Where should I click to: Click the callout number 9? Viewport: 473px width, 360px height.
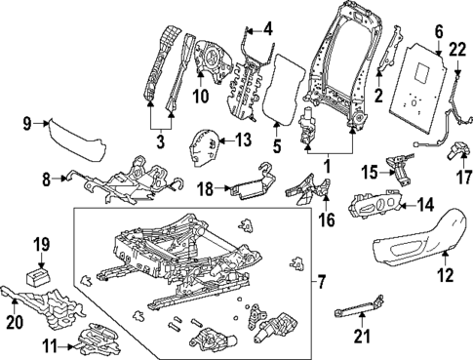coord(28,122)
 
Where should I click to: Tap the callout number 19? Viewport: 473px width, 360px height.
coord(41,245)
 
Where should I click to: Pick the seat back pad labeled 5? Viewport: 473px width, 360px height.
coord(286,91)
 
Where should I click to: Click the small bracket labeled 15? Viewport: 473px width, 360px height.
coord(399,167)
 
